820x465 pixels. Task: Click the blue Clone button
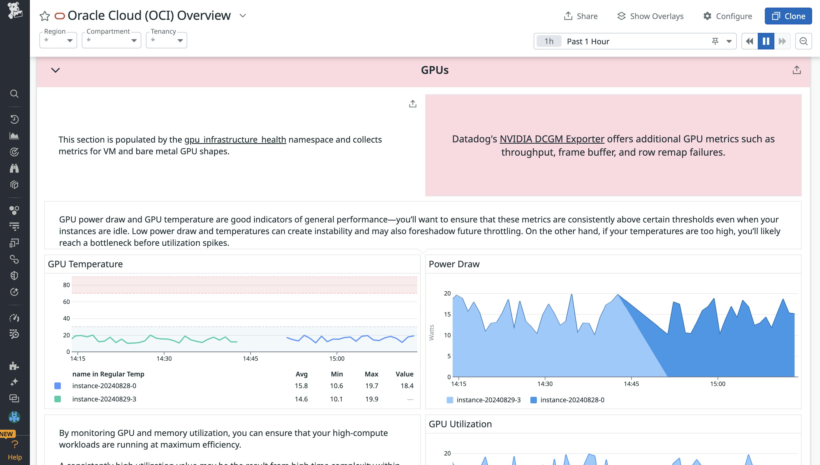tap(788, 16)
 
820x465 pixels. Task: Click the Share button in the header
tap(580, 16)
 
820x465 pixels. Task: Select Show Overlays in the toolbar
tap(650, 16)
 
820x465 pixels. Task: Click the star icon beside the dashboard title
tap(45, 16)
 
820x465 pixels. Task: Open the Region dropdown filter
tap(58, 40)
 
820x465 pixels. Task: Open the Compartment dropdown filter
tap(111, 40)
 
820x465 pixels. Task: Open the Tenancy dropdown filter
tap(166, 40)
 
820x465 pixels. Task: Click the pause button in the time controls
tap(766, 41)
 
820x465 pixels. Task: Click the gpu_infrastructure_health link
tap(235, 140)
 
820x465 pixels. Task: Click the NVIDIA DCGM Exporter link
tap(552, 139)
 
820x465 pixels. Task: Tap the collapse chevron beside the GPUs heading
tap(56, 70)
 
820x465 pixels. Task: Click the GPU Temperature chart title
tap(85, 264)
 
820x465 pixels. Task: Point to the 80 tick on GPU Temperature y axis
tap(66, 285)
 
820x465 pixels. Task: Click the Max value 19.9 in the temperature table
tap(371, 399)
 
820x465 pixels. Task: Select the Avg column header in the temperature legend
tap(301, 374)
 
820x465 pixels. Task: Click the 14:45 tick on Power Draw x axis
tap(631, 384)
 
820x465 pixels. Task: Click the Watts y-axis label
tap(431, 332)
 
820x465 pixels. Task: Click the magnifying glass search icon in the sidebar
tap(14, 94)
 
